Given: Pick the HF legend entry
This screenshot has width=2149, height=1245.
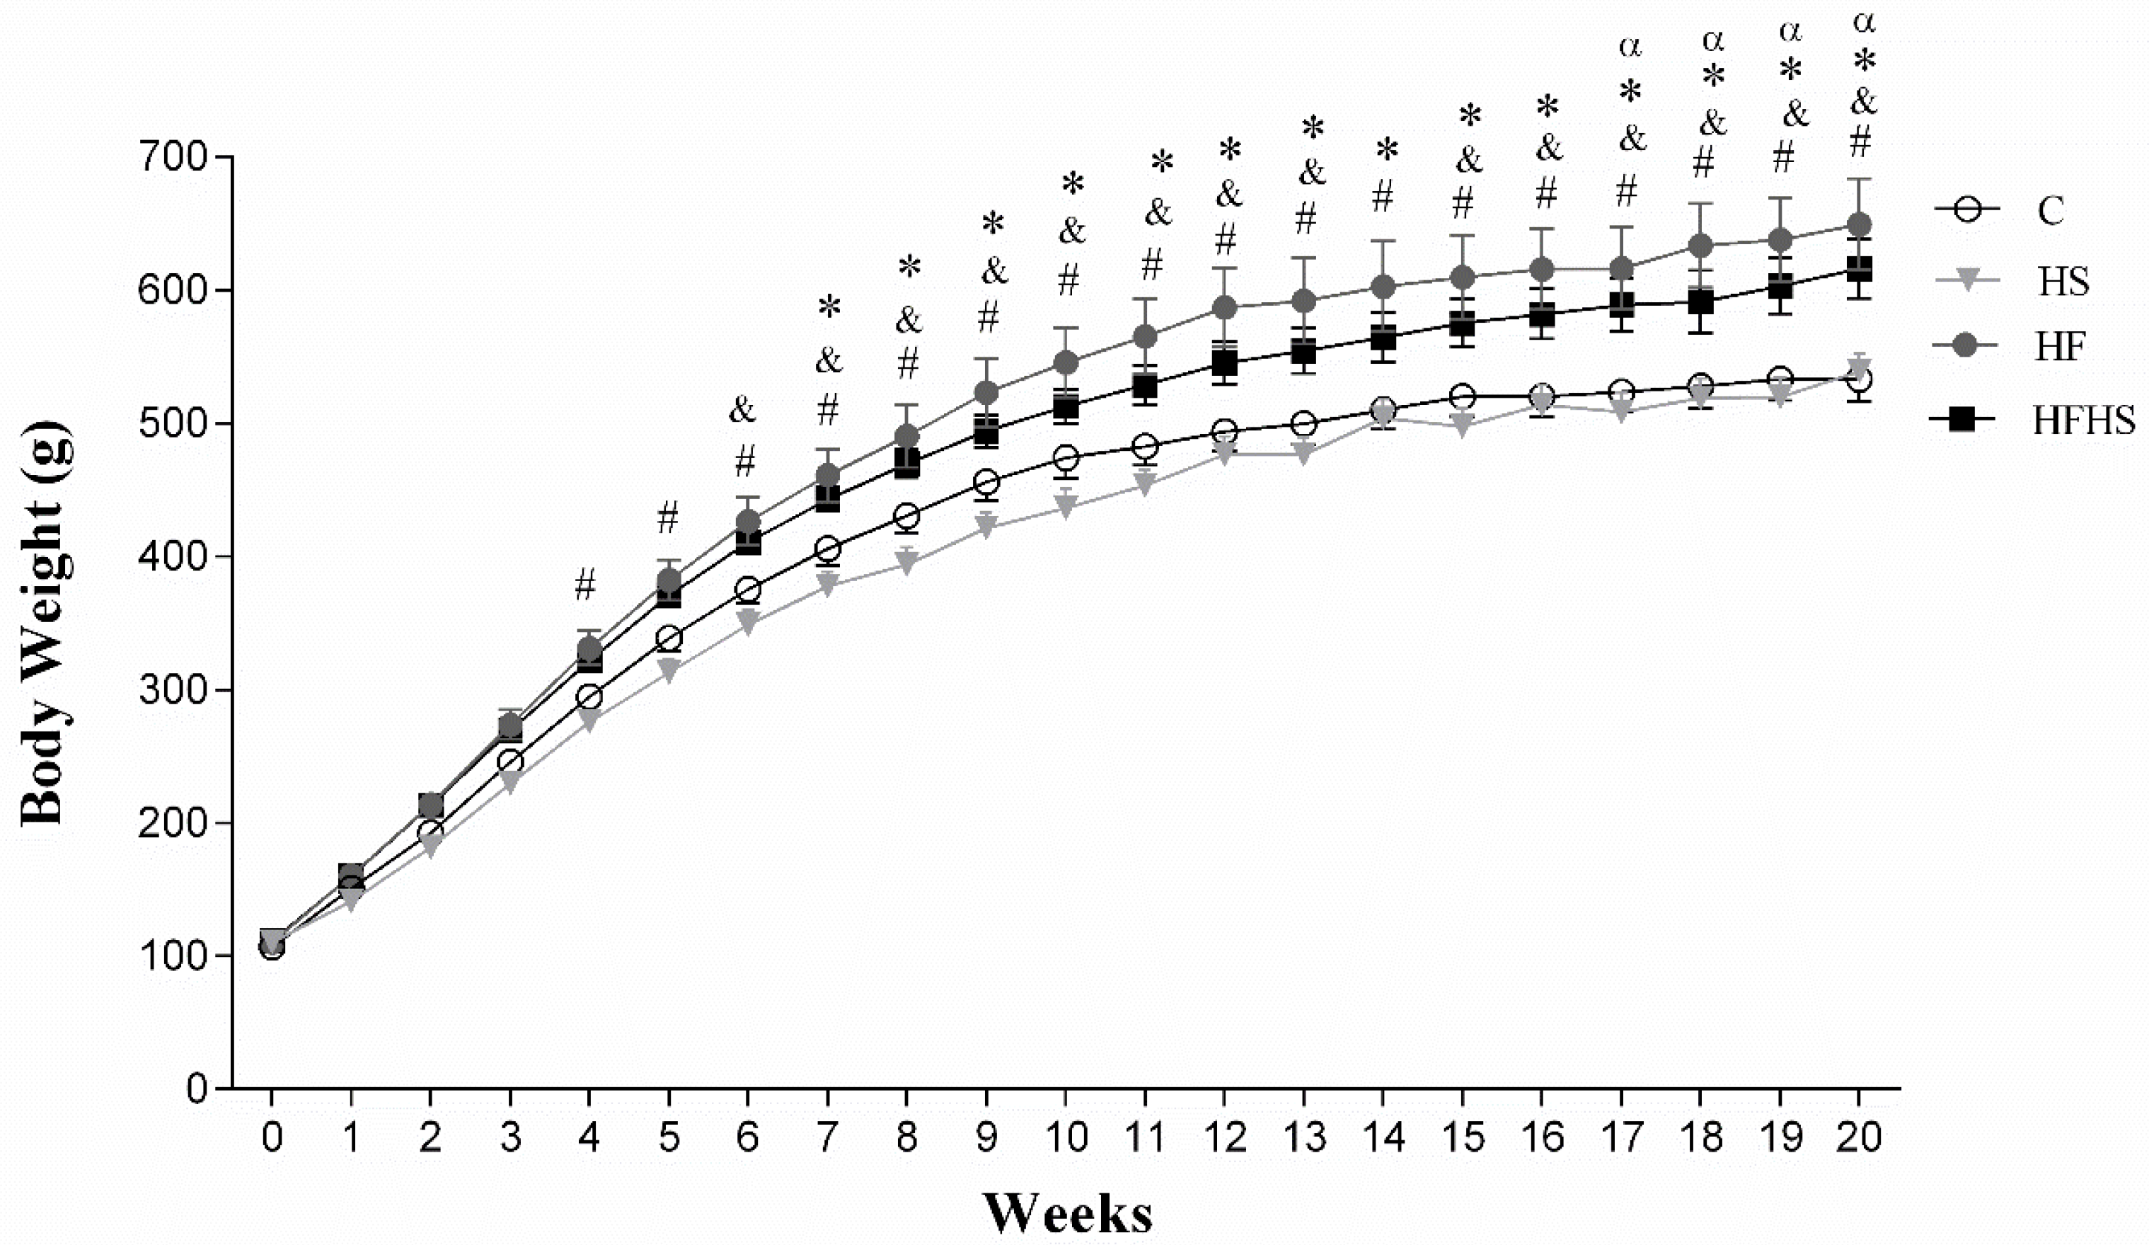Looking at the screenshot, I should (2059, 346).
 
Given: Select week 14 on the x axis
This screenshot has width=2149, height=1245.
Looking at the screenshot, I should (1383, 1137).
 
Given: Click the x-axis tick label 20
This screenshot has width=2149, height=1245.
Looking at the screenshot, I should (1859, 1137).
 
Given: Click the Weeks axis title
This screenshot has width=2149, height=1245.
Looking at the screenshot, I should (1068, 1213).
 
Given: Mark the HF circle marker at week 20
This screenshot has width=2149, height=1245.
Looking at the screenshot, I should (1859, 225).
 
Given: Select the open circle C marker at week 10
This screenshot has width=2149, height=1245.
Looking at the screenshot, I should (1066, 459).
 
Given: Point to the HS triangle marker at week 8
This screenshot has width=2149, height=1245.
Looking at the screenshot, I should (907, 563).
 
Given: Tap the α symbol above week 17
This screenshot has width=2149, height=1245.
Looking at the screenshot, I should (1630, 46).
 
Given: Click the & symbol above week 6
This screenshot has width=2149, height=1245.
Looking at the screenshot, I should (742, 411).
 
